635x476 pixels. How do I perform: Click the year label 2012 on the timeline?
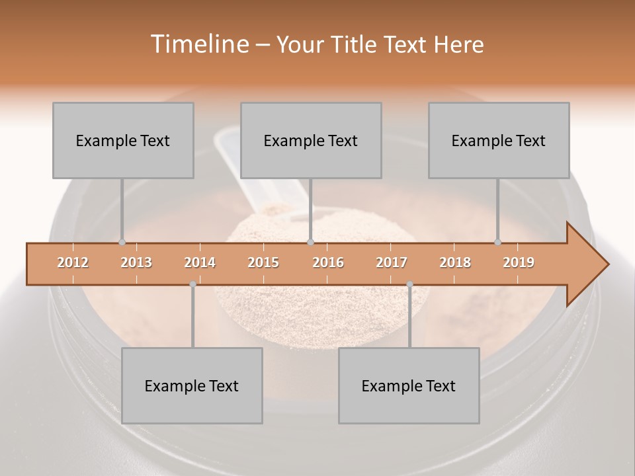tap(73, 262)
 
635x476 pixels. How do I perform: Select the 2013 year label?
tap(136, 262)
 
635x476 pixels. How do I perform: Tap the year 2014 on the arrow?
tap(200, 262)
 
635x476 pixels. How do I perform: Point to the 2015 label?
tap(263, 262)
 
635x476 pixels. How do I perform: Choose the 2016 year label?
tap(328, 262)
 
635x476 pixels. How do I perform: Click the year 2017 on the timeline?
tap(392, 262)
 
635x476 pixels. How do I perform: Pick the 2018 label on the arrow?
tap(455, 262)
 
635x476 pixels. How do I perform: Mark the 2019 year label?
tap(519, 262)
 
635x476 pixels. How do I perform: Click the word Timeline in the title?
tap(199, 44)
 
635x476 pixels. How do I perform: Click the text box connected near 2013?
tap(123, 140)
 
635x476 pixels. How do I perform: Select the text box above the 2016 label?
tap(311, 140)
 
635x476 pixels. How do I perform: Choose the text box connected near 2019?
tap(499, 140)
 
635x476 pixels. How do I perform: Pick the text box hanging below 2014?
tap(192, 385)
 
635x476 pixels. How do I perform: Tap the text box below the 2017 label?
tap(409, 385)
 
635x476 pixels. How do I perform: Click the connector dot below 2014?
tap(192, 284)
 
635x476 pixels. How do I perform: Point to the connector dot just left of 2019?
tap(498, 243)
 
